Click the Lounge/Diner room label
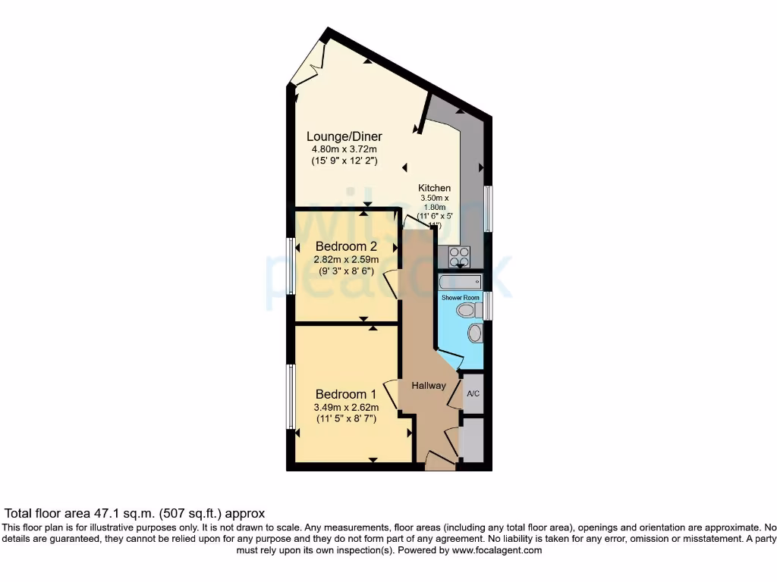[x=344, y=136]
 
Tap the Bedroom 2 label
[x=346, y=246]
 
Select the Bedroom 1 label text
[x=346, y=394]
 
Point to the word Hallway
[x=429, y=386]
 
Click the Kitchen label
[x=435, y=188]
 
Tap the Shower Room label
[x=461, y=298]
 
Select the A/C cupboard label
[x=473, y=394]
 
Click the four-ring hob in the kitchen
[x=459, y=258]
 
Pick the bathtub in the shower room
[x=460, y=282]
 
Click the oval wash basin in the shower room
[x=475, y=333]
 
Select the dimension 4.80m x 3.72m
[x=344, y=149]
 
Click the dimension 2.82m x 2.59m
[x=346, y=259]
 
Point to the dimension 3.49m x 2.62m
[x=346, y=407]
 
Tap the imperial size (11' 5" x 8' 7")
[x=346, y=418]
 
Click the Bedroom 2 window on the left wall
[x=290, y=266]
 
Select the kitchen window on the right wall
[x=488, y=208]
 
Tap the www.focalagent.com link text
[x=497, y=550]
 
